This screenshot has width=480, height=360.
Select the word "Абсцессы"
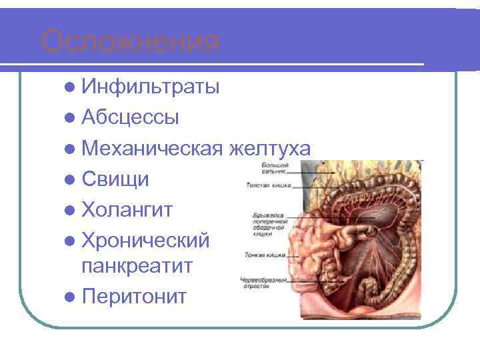[130, 118]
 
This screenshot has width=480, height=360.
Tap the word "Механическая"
[152, 149]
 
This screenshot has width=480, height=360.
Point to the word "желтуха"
[269, 149]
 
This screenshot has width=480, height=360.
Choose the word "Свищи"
[115, 179]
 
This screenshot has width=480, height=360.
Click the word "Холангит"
[127, 210]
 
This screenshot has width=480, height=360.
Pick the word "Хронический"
[146, 240]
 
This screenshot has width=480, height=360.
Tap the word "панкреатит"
[137, 266]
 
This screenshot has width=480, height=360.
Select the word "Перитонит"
[135, 296]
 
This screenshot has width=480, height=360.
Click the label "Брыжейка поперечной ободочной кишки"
[269, 225]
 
